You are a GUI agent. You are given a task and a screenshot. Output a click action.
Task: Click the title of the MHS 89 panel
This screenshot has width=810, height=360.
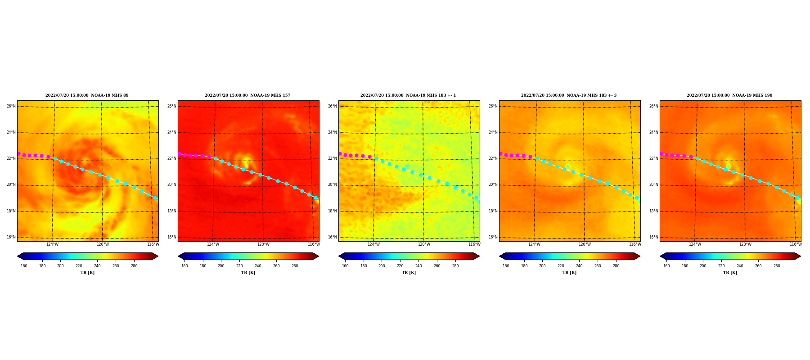pyautogui.click(x=87, y=95)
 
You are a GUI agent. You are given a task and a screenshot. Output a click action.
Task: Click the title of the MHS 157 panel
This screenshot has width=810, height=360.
pyautogui.click(x=247, y=95)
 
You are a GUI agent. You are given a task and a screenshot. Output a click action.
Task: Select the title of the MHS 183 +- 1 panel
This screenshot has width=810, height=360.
pyautogui.click(x=408, y=95)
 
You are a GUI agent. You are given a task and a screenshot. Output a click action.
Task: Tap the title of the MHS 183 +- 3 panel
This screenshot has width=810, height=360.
pyautogui.click(x=569, y=95)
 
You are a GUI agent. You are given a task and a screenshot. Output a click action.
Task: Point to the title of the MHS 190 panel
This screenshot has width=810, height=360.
pyautogui.click(x=729, y=95)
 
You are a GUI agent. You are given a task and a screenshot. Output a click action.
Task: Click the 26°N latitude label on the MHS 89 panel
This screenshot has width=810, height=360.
pyautogui.click(x=11, y=106)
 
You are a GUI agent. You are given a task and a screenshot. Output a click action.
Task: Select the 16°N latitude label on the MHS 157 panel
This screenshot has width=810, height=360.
pyautogui.click(x=171, y=237)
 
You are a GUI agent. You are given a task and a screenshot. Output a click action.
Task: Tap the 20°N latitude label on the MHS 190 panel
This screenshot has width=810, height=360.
pyautogui.click(x=653, y=184)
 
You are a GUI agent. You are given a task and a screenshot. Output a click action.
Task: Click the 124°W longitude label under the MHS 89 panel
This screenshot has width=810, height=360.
pyautogui.click(x=52, y=244)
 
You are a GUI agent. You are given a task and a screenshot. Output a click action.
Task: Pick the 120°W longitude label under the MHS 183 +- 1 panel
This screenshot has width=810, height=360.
pyautogui.click(x=424, y=244)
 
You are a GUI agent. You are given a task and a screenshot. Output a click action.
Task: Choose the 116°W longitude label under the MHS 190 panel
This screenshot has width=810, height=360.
pyautogui.click(x=796, y=244)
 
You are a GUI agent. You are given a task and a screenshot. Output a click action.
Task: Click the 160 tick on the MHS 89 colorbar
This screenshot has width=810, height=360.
pyautogui.click(x=24, y=266)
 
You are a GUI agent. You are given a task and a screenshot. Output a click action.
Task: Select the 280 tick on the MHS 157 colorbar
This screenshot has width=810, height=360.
pyautogui.click(x=295, y=266)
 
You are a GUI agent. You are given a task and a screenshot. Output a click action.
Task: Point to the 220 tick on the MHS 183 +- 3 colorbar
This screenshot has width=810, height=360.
pyautogui.click(x=561, y=266)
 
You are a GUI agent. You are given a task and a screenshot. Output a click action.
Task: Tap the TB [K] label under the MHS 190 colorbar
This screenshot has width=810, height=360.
pyautogui.click(x=730, y=273)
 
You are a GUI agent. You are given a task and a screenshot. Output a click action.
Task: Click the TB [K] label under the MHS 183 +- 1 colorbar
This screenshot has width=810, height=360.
pyautogui.click(x=409, y=273)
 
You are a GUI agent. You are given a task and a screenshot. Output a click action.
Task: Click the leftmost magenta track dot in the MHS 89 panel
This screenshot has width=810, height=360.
pyautogui.click(x=19, y=154)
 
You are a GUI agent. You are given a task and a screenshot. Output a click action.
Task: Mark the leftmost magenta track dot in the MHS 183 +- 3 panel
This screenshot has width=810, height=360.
pyautogui.click(x=501, y=154)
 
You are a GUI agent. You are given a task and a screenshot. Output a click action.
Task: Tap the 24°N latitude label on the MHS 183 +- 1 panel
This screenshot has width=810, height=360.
pyautogui.click(x=332, y=132)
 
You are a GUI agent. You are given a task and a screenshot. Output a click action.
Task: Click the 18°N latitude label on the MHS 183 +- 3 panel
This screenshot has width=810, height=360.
pyautogui.click(x=493, y=211)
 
